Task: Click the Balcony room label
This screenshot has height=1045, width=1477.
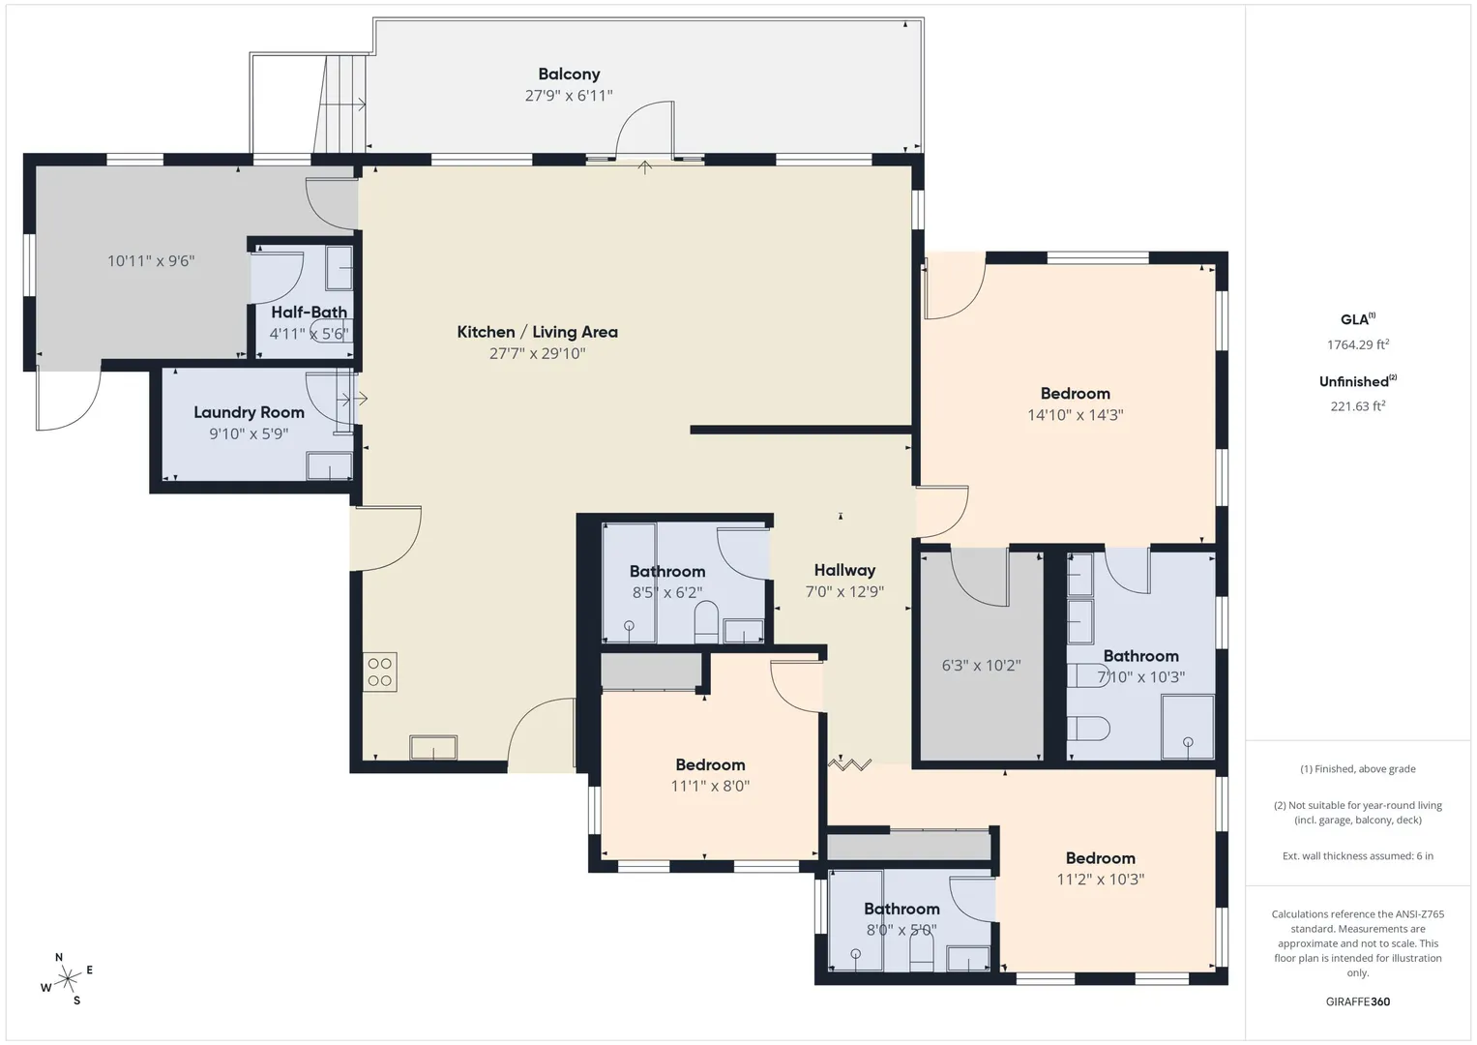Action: pos(569,74)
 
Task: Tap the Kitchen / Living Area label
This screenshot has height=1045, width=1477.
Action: pos(538,332)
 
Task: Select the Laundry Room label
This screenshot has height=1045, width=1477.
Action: pos(249,412)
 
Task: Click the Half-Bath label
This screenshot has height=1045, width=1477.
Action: pos(309,312)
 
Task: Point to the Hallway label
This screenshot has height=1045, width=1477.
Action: pos(844,570)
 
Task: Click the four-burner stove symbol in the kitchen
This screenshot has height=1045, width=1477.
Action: pos(380,672)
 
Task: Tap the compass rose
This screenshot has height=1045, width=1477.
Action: pos(68,979)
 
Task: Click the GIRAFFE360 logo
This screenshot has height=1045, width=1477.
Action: pos(1358,1001)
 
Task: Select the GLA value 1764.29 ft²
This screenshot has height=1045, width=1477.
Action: pos(1358,344)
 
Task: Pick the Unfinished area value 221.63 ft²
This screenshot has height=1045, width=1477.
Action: pos(1358,405)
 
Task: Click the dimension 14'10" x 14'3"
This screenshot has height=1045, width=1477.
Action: pos(1075,415)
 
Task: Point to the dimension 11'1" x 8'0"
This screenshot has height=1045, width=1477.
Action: pos(710,786)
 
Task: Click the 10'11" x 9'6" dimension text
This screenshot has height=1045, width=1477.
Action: pos(151,261)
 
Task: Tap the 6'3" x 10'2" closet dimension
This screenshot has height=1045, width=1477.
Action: pos(981,666)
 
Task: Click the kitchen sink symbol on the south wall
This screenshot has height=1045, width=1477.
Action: pos(433,747)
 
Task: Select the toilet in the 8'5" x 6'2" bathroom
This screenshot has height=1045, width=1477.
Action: pos(706,621)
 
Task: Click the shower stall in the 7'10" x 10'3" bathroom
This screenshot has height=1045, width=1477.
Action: pos(1188,727)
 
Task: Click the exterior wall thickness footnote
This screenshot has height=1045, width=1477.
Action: pos(1358,855)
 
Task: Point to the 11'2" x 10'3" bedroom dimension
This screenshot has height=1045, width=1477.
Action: pos(1101,879)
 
